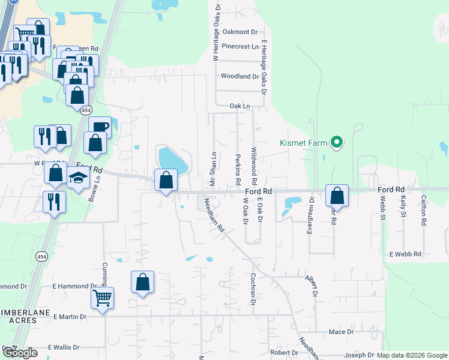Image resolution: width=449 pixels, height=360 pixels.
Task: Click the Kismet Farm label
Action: [303, 143]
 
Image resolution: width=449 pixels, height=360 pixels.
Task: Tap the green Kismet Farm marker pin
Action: [337, 142]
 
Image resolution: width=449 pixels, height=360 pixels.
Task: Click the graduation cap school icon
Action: [78, 178]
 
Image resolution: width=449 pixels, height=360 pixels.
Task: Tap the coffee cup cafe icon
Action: [100, 127]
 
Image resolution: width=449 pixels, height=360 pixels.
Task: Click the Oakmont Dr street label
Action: [240, 32]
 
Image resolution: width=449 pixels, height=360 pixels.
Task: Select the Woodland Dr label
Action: [240, 76]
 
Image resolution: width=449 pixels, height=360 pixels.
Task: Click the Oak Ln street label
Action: [240, 106]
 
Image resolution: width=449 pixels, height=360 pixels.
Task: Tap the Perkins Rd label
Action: [238, 169]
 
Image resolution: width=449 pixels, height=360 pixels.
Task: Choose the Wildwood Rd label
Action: [254, 166]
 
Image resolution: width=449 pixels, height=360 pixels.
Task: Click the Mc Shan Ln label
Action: [212, 170]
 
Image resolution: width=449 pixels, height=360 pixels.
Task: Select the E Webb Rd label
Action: [406, 254]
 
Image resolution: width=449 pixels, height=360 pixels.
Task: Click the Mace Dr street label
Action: [342, 332]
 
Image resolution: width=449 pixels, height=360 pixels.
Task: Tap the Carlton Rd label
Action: [424, 210]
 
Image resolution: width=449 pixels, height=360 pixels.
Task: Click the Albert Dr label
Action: [310, 286]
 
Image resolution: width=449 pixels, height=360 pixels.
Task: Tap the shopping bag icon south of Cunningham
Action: [142, 281]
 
